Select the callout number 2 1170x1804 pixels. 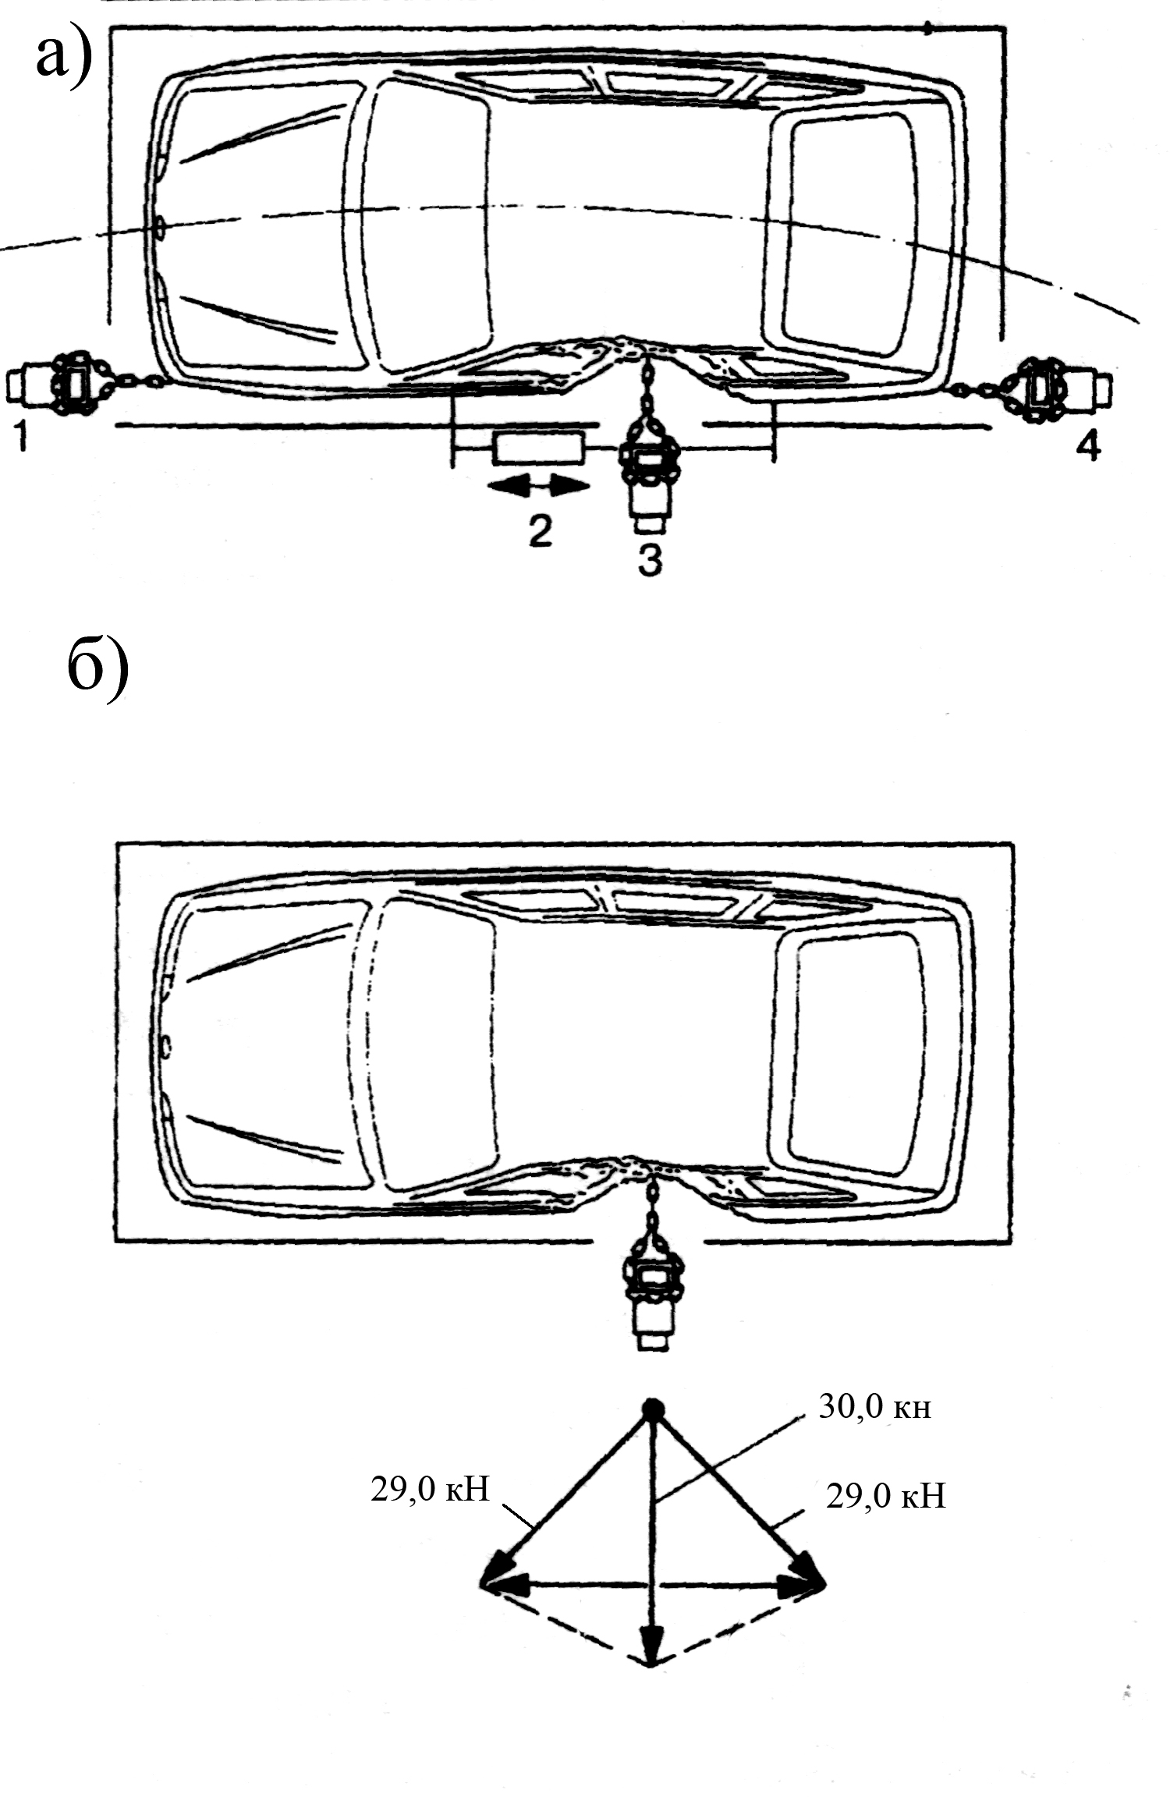[540, 530]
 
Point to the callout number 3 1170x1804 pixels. [650, 560]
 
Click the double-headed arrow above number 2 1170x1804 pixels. [538, 486]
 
